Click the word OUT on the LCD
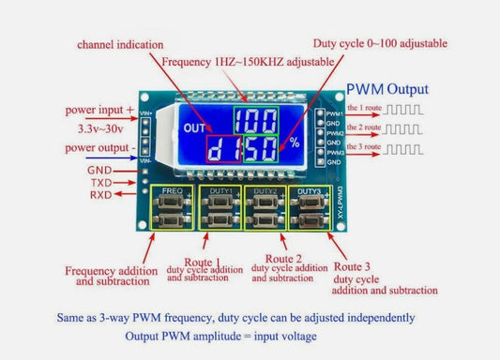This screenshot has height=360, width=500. [195, 129]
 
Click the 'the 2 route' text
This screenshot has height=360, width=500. [364, 127]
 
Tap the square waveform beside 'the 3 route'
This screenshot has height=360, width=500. [404, 149]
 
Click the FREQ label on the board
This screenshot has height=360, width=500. [173, 190]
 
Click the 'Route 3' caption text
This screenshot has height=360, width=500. [355, 254]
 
